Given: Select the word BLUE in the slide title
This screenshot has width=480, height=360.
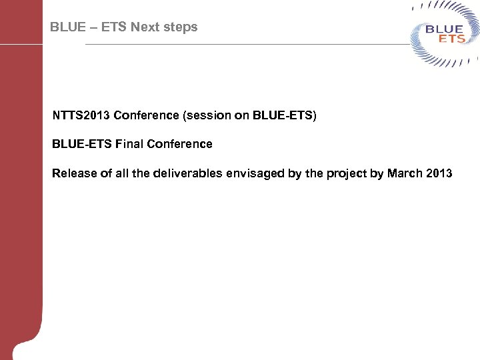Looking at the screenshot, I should point(68,27).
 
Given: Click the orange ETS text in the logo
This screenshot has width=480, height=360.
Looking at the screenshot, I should point(451,39).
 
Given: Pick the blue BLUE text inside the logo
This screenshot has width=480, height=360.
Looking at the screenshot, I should point(444,29).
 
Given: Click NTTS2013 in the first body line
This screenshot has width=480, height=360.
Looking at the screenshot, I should point(81,115).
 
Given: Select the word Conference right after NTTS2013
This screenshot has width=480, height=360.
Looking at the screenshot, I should point(145,115).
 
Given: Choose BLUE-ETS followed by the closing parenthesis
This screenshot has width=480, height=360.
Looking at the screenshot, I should point(283,115).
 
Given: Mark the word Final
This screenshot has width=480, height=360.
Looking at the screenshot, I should point(129,144).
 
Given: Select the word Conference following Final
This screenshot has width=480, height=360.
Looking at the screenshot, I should point(179,144).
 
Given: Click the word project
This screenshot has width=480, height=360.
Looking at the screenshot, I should point(347,173).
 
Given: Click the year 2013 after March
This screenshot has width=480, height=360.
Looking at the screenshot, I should point(439,173).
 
